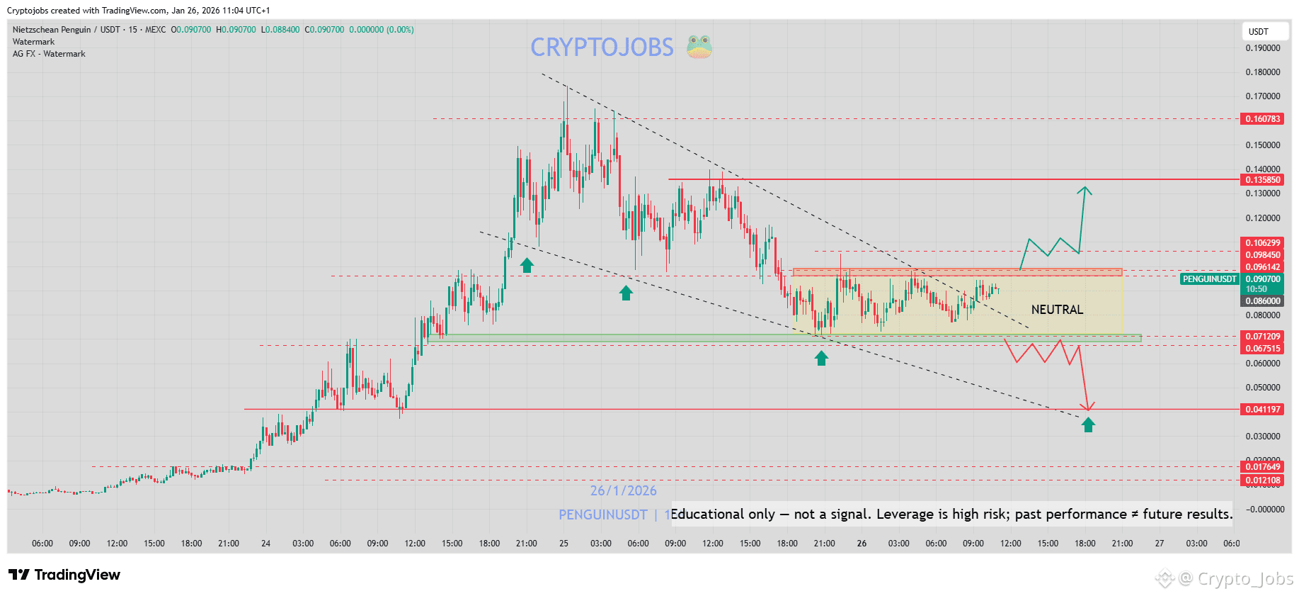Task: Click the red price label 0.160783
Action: click(1262, 119)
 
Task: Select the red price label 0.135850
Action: click(1262, 180)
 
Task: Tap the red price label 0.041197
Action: click(1262, 410)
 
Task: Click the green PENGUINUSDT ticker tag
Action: click(1209, 279)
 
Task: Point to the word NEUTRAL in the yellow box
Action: click(1057, 310)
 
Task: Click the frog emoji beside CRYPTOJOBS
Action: click(699, 47)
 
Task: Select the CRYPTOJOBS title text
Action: click(602, 47)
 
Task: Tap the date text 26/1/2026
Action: click(623, 490)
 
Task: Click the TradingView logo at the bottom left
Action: click(64, 575)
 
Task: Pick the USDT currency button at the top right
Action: click(1264, 32)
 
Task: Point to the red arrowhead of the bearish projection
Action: click(1089, 407)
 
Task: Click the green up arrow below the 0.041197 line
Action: click(1088, 424)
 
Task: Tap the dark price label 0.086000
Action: click(1262, 301)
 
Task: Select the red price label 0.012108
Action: click(1262, 480)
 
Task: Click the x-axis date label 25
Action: click(563, 544)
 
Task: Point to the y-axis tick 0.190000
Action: click(1262, 48)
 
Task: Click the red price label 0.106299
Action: click(1262, 243)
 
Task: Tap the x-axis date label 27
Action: click(1160, 544)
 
